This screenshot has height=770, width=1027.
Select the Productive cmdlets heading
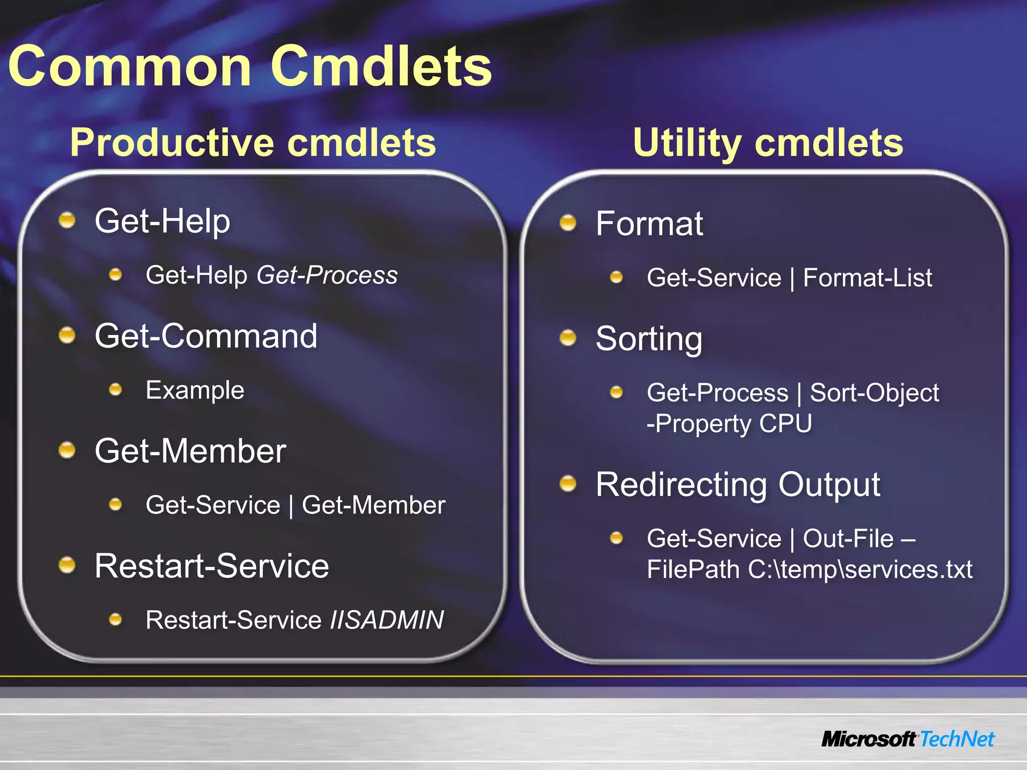253,142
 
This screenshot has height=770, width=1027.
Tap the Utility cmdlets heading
768,142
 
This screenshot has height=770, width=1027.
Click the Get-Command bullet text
206,336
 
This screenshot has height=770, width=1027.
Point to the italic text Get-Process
327,275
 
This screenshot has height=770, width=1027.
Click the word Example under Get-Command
195,390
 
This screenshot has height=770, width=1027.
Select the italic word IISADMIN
387,620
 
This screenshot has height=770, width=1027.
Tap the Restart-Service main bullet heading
212,566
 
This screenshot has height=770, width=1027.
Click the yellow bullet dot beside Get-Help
67,220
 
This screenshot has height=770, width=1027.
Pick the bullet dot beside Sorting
568,338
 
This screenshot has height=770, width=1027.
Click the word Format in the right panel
649,224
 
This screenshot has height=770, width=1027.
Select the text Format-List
867,278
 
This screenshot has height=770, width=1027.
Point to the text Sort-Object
874,393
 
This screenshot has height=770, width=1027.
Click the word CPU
785,424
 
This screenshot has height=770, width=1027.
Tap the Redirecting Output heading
738,485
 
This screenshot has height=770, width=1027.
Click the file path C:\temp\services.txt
860,569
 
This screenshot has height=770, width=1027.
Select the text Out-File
848,539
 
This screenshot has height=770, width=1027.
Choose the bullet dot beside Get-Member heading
67,450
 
